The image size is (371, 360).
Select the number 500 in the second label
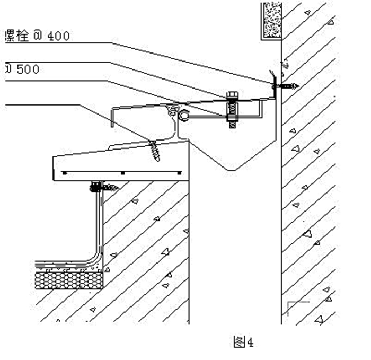coord(27,69)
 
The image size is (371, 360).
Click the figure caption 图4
coord(244,342)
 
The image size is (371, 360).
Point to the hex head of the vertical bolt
coord(232,96)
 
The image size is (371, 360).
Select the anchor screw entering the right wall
coord(286,85)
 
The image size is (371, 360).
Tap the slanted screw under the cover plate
coord(155,149)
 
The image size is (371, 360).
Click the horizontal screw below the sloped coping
coord(103,187)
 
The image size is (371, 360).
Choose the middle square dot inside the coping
coord(122,173)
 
